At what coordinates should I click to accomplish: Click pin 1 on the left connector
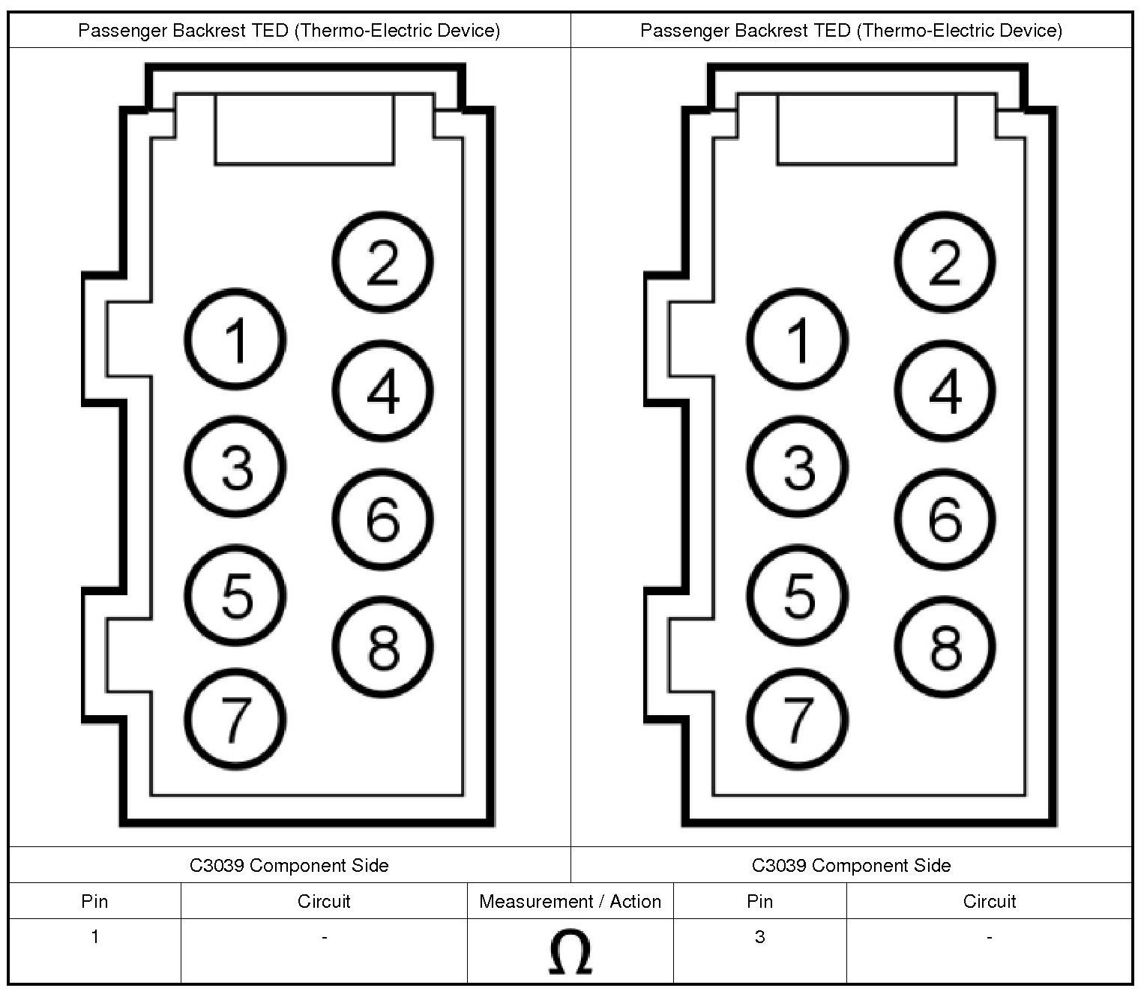(x=235, y=339)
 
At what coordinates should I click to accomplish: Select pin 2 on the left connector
(x=382, y=262)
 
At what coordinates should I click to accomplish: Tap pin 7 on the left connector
(x=235, y=719)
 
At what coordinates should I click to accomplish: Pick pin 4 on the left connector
(x=382, y=391)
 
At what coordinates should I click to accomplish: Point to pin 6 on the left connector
(x=382, y=519)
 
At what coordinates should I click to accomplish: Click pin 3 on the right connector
(x=798, y=467)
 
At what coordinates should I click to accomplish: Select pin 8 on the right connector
(x=945, y=647)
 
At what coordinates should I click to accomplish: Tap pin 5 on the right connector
(x=798, y=595)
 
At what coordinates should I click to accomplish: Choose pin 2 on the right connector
(x=945, y=262)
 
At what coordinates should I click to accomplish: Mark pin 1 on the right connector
(x=798, y=339)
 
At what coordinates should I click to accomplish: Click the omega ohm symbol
(x=570, y=953)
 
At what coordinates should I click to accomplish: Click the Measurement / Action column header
(x=570, y=901)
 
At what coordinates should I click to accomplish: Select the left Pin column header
(x=94, y=901)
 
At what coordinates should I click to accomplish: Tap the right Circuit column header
(x=989, y=901)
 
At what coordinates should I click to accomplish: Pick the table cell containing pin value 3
(x=759, y=937)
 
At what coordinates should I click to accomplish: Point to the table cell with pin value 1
(x=94, y=937)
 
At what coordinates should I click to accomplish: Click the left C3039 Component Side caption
(x=289, y=865)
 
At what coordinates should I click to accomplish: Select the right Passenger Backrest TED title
(x=851, y=31)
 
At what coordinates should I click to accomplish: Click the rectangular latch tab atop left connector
(x=304, y=129)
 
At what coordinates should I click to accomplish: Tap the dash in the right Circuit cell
(x=989, y=937)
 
